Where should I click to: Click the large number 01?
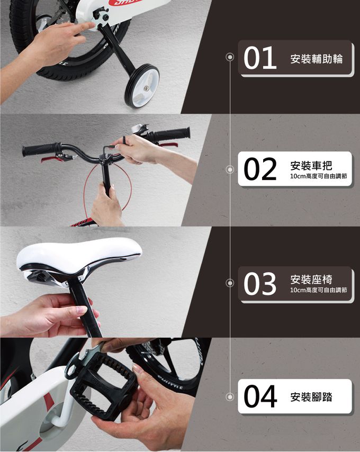click(260, 58)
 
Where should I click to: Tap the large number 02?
click(260, 169)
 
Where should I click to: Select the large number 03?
click(260, 284)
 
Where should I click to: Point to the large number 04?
click(260, 396)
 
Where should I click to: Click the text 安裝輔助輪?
click(317, 59)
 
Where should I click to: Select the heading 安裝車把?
click(311, 166)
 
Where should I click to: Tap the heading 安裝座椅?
click(311, 279)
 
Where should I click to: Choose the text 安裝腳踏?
click(311, 397)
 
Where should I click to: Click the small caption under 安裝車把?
click(319, 176)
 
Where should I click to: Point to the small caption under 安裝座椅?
click(319, 290)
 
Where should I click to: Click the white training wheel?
click(142, 86)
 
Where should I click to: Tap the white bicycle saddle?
click(78, 257)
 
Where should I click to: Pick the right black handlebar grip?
click(172, 134)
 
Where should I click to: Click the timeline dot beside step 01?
click(230, 57)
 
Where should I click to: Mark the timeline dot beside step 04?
click(230, 397)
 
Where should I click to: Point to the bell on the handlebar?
click(138, 128)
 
